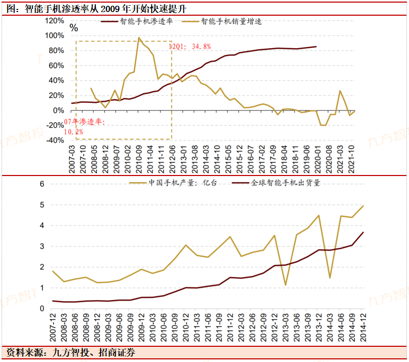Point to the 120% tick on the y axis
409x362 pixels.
[x=54, y=21]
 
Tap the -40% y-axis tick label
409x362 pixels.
[x=54, y=140]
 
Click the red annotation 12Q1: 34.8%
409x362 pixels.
[x=190, y=47]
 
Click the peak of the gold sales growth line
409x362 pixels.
[x=139, y=38]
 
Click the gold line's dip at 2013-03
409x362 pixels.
[x=285, y=285]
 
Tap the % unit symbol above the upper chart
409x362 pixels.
[x=74, y=28]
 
